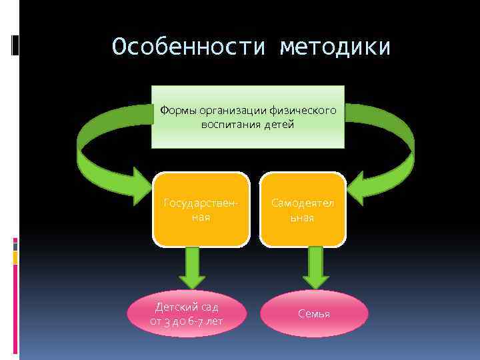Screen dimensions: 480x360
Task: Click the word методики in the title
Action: pos(335,47)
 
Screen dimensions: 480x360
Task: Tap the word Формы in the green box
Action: pos(175,111)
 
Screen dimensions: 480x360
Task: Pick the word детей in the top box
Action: pos(279,125)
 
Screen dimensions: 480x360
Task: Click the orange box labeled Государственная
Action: pos(201,209)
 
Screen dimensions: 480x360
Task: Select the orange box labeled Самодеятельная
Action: pos(303,209)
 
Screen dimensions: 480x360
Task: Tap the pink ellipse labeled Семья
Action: pos(314,313)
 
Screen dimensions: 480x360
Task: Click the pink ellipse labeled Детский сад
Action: pos(187,313)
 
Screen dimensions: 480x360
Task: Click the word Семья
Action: pos(314,313)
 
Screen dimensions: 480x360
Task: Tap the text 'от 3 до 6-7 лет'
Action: pos(187,321)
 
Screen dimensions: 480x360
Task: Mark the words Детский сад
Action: pos(187,307)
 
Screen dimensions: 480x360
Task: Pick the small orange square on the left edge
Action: pos(15,257)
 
